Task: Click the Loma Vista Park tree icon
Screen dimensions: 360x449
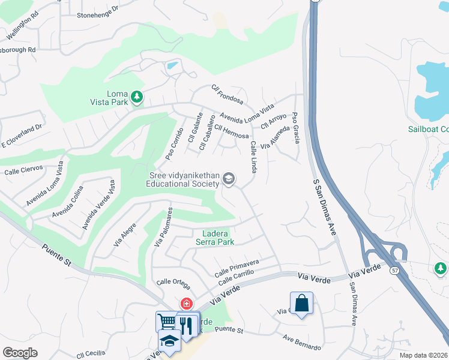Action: [137, 97]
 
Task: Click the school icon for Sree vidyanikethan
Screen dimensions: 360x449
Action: [229, 178]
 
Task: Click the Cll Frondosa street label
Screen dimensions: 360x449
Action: [228, 94]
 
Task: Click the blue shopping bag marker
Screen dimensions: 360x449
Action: [301, 303]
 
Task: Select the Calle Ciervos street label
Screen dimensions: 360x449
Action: [24, 170]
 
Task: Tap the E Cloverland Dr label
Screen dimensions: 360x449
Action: [23, 136]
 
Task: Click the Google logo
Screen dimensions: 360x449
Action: [20, 352]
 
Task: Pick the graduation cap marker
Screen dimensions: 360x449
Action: [169, 341]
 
